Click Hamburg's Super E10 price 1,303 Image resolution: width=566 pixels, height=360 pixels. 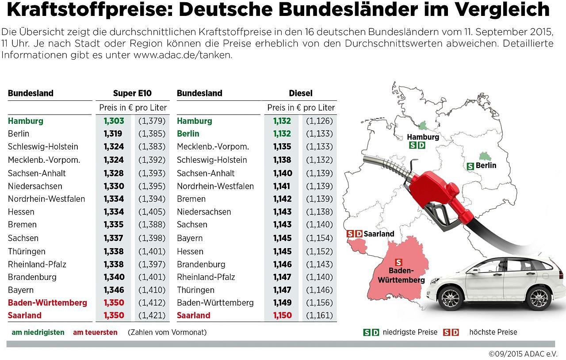114,121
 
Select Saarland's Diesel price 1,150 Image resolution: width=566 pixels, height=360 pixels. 282,315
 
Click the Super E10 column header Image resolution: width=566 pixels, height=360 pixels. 132,93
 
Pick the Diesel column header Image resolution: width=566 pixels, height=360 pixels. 301,93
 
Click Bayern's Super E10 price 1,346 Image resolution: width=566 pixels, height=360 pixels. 114,290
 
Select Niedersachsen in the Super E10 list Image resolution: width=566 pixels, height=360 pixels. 35,186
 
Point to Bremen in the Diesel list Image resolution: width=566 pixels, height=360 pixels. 191,199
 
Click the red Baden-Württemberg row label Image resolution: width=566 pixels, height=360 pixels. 47,303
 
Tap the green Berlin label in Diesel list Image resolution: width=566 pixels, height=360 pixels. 188,134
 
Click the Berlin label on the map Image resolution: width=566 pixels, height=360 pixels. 486,165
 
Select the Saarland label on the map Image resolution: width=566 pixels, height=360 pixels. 379,234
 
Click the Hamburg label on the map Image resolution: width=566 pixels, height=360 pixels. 423,137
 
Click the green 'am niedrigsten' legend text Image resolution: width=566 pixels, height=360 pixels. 38,332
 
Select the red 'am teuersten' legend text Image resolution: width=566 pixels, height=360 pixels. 95,332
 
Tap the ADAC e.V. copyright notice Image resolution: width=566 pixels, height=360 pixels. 523,354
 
